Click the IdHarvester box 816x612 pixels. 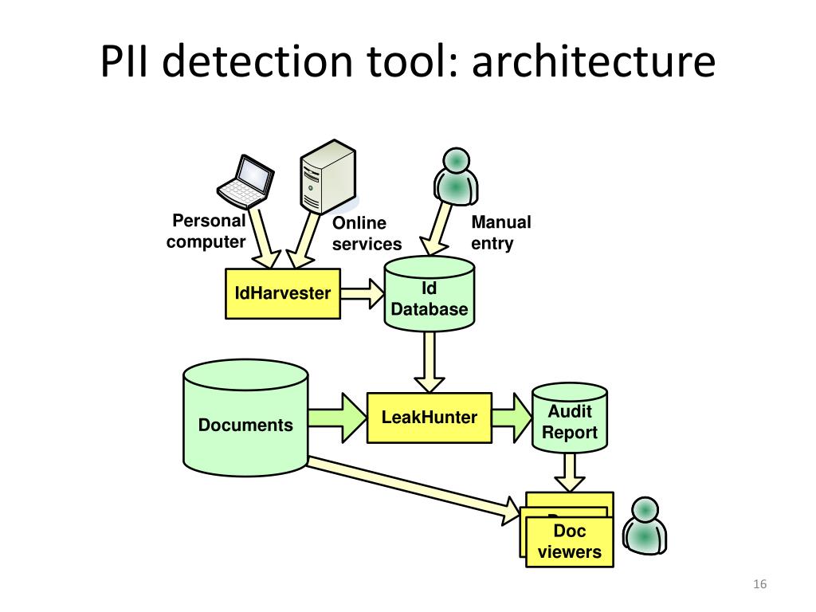[x=283, y=293]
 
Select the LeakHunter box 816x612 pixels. [x=430, y=418]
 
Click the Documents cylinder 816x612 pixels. [x=245, y=424]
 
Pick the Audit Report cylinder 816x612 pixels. [x=570, y=422]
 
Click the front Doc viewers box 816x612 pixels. [x=570, y=541]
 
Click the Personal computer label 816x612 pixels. [x=207, y=232]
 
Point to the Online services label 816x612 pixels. [x=367, y=233]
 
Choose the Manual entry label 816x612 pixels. [x=500, y=233]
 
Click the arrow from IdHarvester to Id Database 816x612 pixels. [x=363, y=293]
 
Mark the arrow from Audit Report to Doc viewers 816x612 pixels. [x=569, y=473]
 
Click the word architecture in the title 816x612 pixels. [x=594, y=63]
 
